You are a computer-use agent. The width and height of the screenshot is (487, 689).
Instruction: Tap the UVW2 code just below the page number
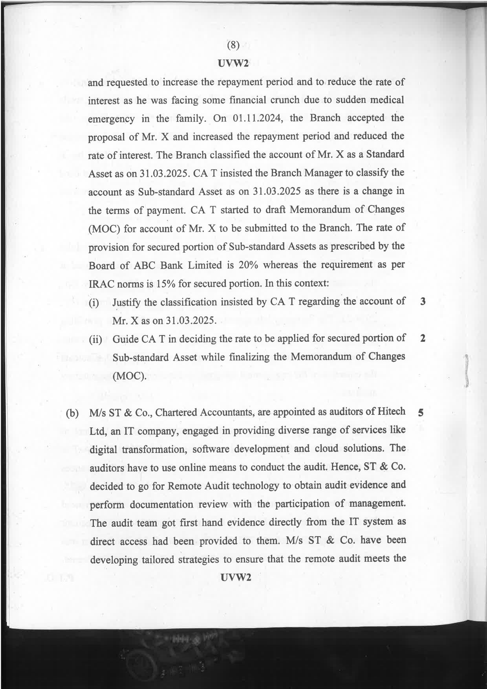click(x=233, y=64)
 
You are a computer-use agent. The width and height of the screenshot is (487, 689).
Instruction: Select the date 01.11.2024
click(x=258, y=118)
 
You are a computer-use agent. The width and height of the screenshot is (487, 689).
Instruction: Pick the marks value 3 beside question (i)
click(x=423, y=302)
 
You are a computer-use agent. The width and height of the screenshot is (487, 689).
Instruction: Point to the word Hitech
click(x=391, y=412)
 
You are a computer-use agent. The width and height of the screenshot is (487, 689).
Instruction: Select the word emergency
click(x=111, y=119)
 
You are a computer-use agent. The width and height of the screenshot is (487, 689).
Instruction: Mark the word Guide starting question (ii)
click(x=126, y=339)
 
